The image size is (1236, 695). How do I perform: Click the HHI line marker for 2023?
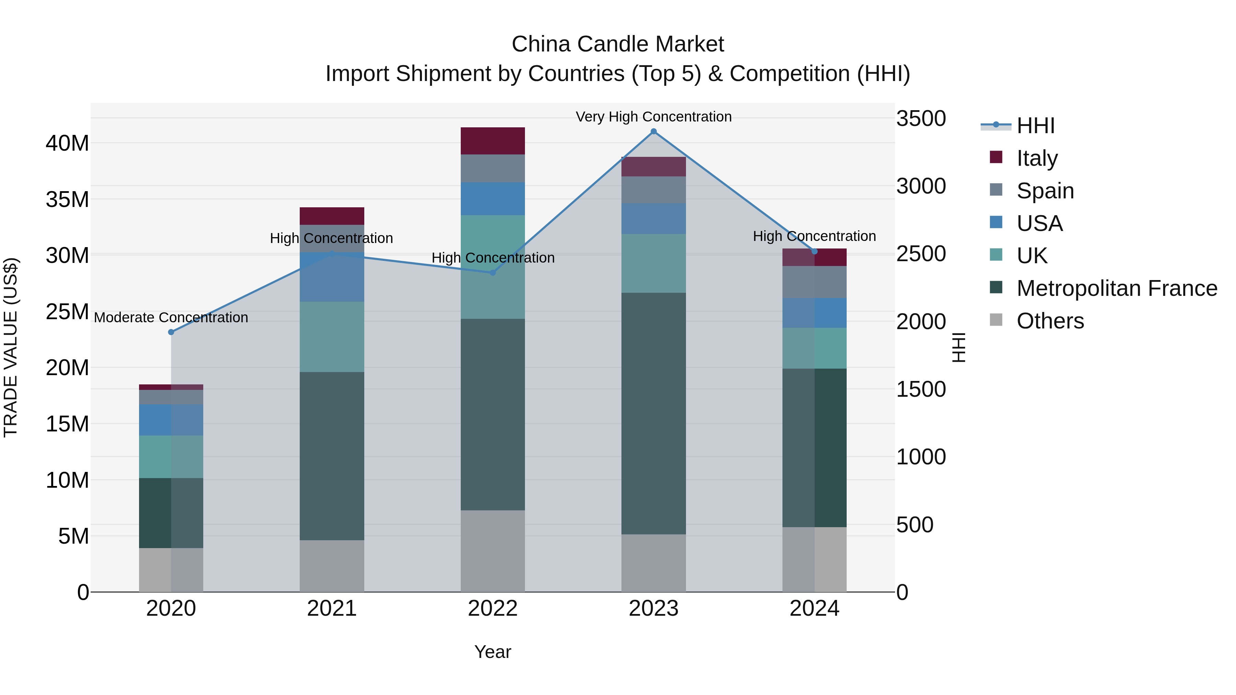coord(653,131)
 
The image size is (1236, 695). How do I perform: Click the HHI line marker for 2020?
coord(171,332)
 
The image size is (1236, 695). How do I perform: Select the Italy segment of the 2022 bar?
coord(493,141)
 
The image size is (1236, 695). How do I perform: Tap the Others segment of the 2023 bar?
coord(653,563)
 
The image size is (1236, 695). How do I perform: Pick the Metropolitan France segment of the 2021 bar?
coord(332,456)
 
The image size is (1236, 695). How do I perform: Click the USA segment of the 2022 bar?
coord(493,199)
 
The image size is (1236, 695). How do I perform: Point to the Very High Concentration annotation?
coord(653,117)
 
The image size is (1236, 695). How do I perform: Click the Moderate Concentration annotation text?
coord(171,317)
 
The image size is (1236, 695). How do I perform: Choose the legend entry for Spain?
coord(1045,191)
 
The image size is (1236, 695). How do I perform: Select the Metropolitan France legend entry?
coord(1117,288)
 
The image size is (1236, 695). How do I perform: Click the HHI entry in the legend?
coord(1035,126)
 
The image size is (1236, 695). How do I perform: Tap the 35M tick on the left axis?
coord(67,199)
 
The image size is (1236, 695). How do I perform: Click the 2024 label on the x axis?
coord(814,609)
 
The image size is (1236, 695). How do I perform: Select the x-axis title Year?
coord(493,652)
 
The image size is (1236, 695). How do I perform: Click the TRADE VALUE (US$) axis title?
coord(11,347)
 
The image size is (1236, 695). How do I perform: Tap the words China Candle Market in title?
coord(618,44)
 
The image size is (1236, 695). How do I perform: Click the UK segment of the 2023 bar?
coord(653,263)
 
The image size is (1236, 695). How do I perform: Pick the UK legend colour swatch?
coord(996,255)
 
